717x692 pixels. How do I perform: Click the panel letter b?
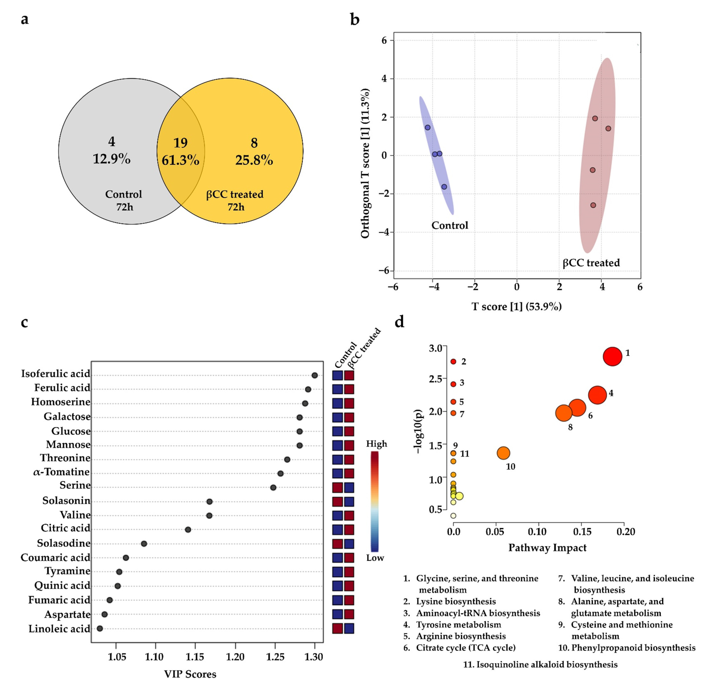coord(354,19)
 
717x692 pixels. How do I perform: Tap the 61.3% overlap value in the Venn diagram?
coord(180,160)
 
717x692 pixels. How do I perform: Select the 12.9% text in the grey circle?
coord(112,159)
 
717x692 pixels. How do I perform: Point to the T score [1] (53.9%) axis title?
coord(516,306)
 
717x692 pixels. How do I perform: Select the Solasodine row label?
coord(64,543)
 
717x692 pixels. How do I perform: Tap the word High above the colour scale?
coord(376,444)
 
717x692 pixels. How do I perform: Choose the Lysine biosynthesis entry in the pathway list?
coord(456,601)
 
